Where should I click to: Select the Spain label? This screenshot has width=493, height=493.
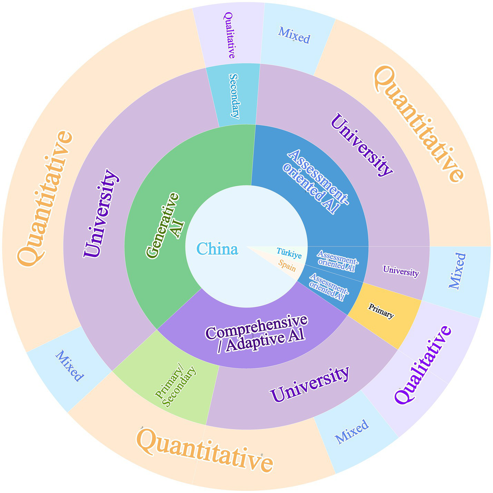tap(287, 265)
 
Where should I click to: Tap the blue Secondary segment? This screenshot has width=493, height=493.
tap(234, 96)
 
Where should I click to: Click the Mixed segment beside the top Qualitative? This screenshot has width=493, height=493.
tap(294, 36)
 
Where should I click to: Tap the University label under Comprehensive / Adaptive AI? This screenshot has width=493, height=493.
tap(309, 384)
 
